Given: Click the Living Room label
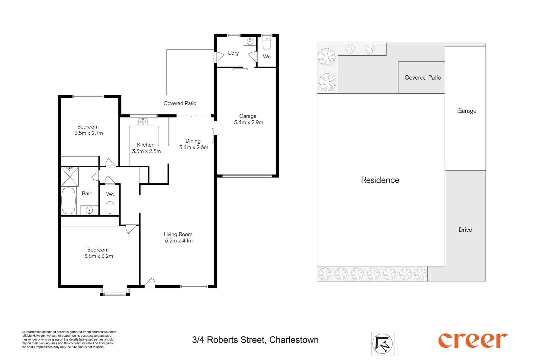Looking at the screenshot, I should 178,234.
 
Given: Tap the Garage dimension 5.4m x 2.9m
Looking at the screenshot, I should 248,122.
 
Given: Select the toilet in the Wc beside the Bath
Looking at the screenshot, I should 110,208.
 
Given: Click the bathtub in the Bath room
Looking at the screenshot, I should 69,201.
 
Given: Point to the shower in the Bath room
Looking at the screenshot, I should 70,177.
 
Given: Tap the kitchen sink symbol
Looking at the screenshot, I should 143,122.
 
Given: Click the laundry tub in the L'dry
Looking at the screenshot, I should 250,42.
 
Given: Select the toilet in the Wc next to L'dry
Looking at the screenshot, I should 266,44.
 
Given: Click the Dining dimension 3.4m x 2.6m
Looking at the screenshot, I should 193,147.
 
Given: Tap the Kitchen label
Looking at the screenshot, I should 146,145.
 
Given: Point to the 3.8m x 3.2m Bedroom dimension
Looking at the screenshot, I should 98,256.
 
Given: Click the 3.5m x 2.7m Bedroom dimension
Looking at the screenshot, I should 89,133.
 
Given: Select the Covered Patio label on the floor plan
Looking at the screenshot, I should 180,103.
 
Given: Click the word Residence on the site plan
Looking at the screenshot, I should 380,180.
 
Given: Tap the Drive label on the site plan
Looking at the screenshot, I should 465,230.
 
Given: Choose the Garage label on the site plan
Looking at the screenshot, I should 467,111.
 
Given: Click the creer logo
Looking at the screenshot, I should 473,340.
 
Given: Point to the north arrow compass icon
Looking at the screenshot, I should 383,344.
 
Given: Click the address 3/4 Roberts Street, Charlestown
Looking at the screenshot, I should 255,340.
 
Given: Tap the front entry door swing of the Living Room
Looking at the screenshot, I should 150,282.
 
